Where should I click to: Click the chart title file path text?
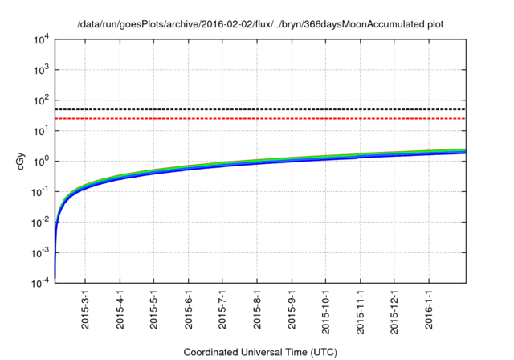pos(260,24)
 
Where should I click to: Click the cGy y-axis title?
pos(22,161)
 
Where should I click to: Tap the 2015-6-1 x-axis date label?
pos(188,309)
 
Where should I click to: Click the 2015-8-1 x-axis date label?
pos(256,309)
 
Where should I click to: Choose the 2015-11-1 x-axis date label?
pos(359,310)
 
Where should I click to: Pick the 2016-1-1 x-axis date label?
pos(427,309)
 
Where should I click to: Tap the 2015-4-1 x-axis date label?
pos(120,309)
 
